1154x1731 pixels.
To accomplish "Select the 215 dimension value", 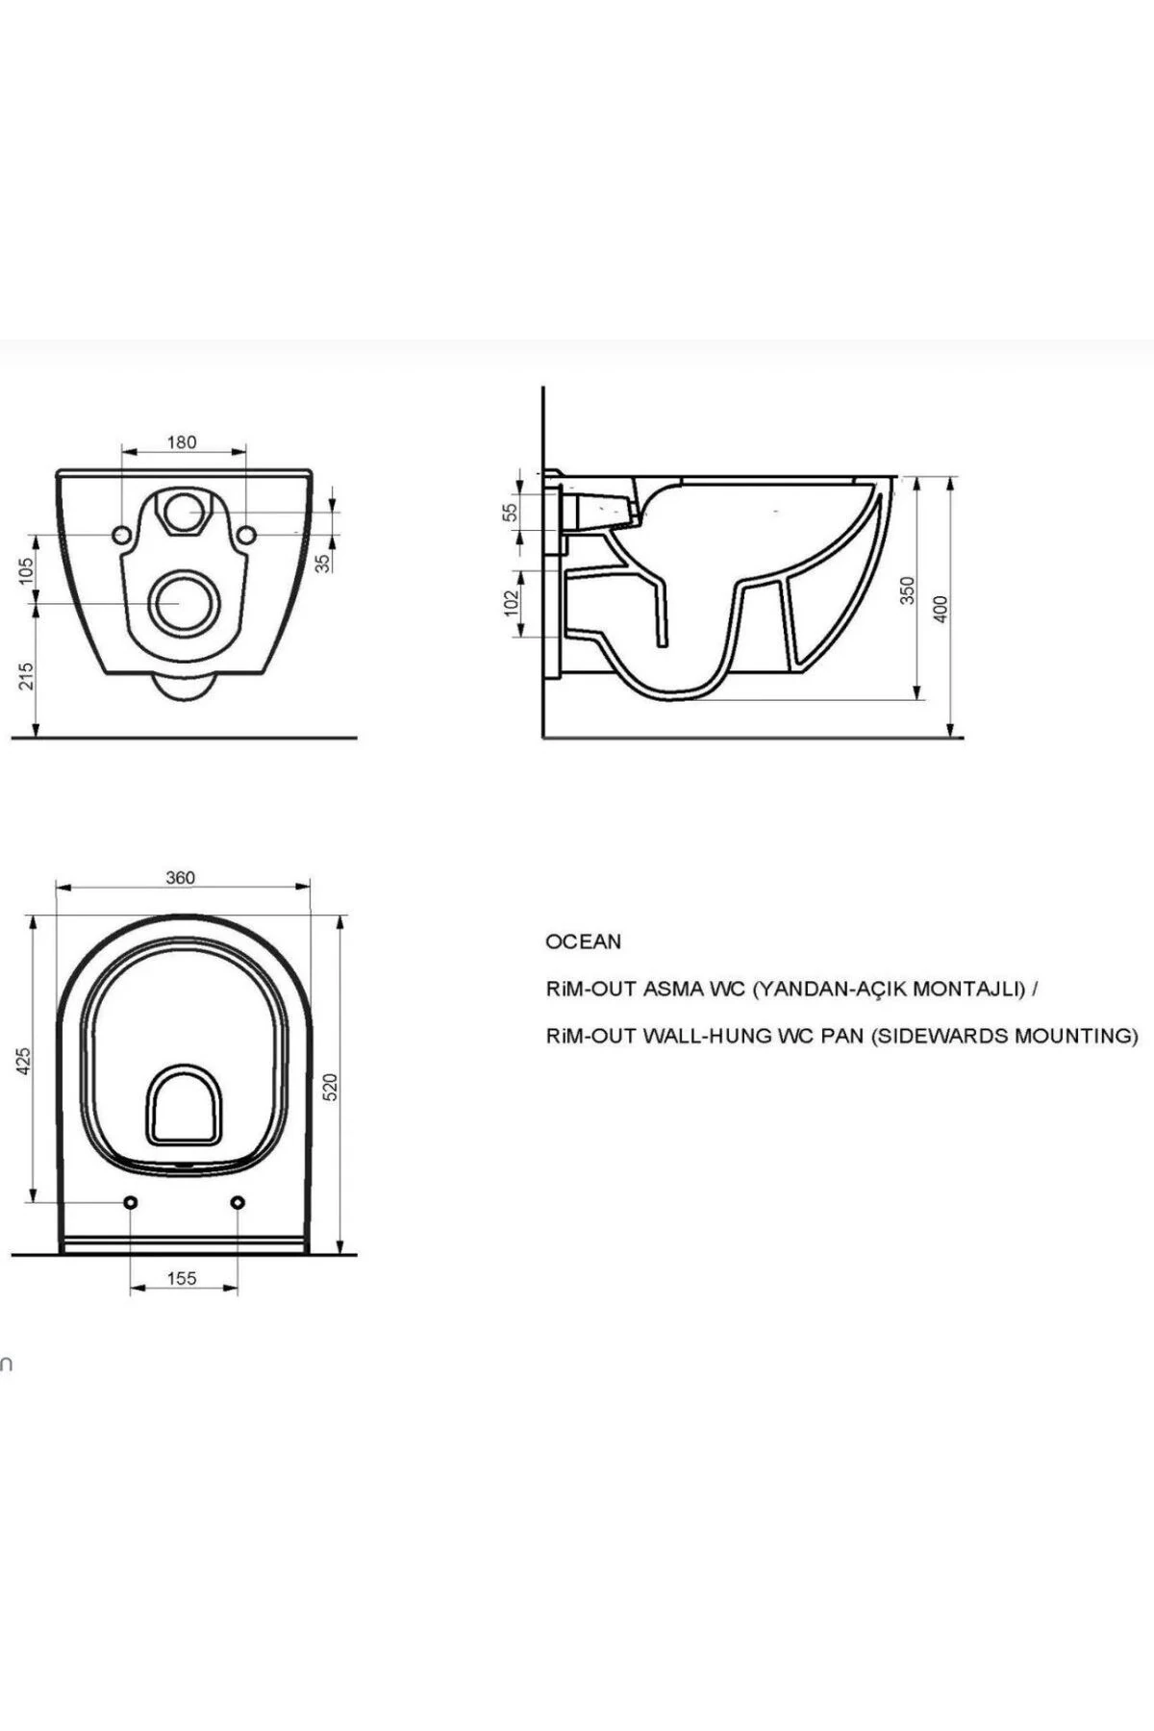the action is click(26, 675).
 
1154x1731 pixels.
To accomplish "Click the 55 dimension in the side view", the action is click(512, 512).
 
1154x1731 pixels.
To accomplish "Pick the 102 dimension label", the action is click(512, 602).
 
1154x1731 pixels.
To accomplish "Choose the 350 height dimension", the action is click(907, 590).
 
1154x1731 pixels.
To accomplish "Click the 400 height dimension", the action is click(941, 608).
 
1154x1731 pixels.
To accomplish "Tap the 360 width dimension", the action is click(180, 877).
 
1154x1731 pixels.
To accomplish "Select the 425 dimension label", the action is click(26, 1060).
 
